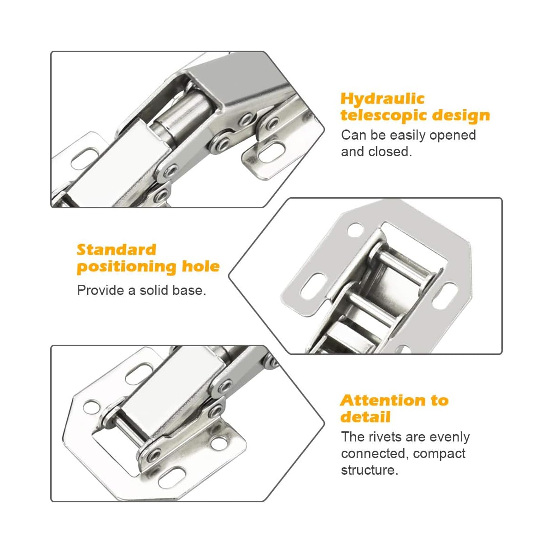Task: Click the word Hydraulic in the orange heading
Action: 382,99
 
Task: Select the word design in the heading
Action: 461,115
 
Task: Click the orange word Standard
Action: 117,250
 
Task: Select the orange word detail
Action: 365,417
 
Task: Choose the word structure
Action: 370,471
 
